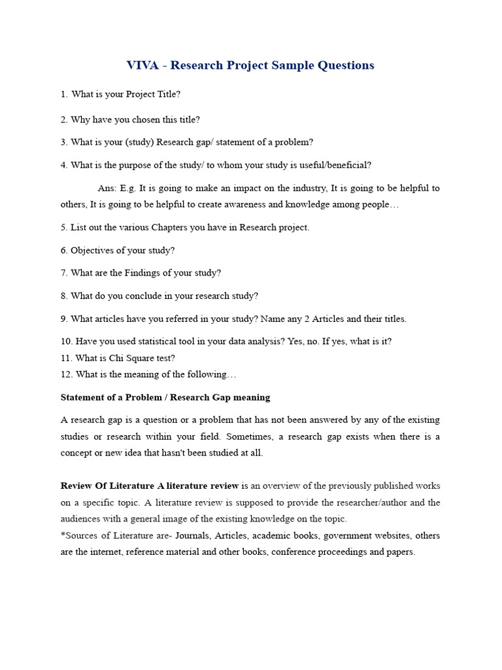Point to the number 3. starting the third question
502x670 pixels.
[64, 142]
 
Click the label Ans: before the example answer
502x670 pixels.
[107, 188]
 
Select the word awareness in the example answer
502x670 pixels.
[242, 204]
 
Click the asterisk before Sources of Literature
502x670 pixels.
[63, 536]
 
